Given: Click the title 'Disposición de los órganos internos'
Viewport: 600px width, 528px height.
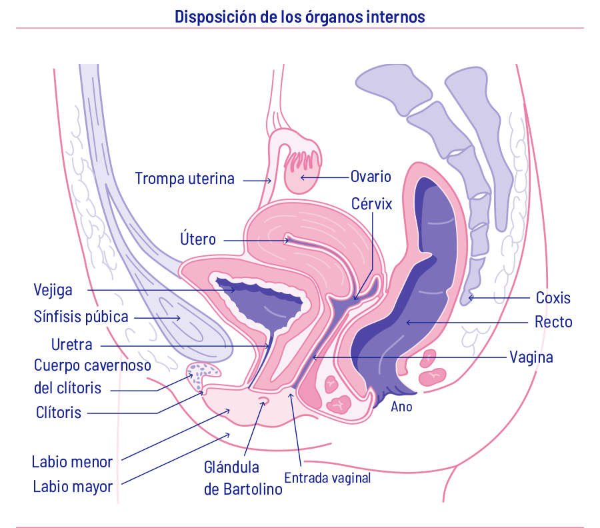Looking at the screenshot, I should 299,17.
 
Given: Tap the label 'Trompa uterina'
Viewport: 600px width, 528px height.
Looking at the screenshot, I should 185,179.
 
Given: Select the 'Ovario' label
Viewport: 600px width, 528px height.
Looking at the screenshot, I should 371,177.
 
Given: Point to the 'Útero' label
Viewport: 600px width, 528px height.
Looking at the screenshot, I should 198,239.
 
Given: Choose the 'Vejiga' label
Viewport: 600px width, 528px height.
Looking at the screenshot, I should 53,290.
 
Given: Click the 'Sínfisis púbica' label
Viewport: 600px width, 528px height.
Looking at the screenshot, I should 81,317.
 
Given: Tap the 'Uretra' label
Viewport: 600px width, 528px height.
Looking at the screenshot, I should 72,345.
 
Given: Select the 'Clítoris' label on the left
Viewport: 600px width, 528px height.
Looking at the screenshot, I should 59,413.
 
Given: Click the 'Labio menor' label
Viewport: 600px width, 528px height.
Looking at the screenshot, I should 73,461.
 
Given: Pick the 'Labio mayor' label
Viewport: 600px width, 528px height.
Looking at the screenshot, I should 73,487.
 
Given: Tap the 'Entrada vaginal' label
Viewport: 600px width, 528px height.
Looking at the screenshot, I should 327,478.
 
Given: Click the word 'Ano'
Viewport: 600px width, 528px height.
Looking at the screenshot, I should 401,407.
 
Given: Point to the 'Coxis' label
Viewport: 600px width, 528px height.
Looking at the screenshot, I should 553,298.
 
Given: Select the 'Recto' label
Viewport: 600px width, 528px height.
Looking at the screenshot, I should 553,323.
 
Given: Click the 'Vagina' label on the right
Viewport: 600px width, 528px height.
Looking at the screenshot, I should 531,357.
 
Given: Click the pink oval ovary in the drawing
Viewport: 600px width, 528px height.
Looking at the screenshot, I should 301,172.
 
